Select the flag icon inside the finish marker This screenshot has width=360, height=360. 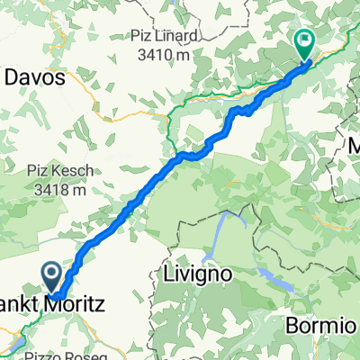tap(304, 40)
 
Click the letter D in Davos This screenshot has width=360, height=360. tap(11, 78)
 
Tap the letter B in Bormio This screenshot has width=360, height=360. tap(290, 324)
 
